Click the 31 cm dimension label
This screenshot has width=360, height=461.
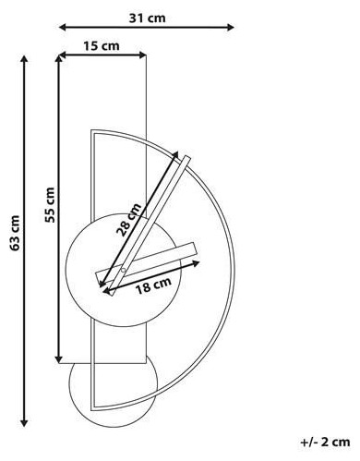147,18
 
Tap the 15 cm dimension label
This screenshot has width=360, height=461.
102,46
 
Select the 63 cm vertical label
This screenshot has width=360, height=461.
15,233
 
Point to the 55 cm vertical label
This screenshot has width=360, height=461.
49,205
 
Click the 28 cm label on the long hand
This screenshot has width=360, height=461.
129,219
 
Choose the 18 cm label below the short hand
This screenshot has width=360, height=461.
153,285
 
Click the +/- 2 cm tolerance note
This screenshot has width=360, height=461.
326,442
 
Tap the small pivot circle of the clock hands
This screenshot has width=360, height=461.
123,271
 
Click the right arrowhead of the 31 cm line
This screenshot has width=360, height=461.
231,28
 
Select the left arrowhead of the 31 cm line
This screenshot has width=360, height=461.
63,28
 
